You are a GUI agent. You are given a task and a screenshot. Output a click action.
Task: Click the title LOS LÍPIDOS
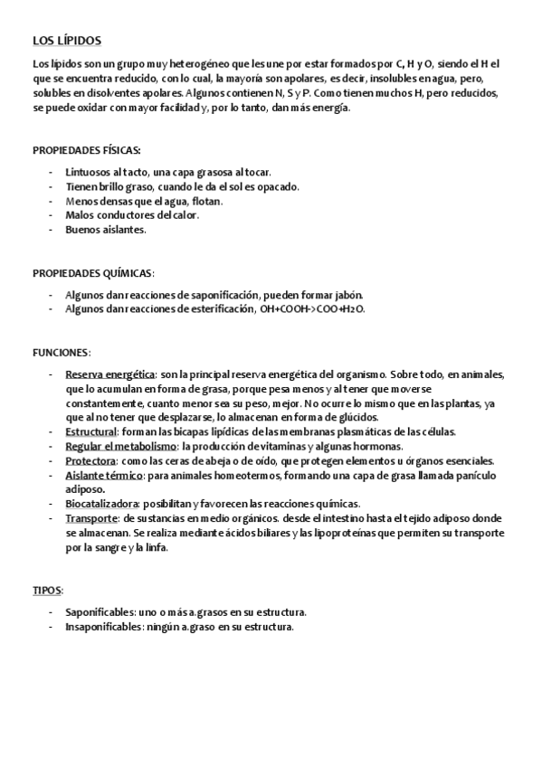click(x=67, y=41)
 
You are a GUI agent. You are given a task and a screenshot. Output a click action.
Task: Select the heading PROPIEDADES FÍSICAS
click(x=86, y=149)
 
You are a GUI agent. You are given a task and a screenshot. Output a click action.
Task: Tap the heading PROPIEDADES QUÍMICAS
click(x=93, y=272)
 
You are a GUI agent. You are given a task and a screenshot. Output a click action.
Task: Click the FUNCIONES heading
click(x=62, y=352)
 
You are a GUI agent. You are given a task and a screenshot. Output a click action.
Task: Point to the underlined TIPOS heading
click(x=47, y=590)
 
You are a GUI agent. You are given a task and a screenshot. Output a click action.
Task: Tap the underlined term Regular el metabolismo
click(x=120, y=446)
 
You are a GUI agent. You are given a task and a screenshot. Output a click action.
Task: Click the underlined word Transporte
click(x=91, y=518)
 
